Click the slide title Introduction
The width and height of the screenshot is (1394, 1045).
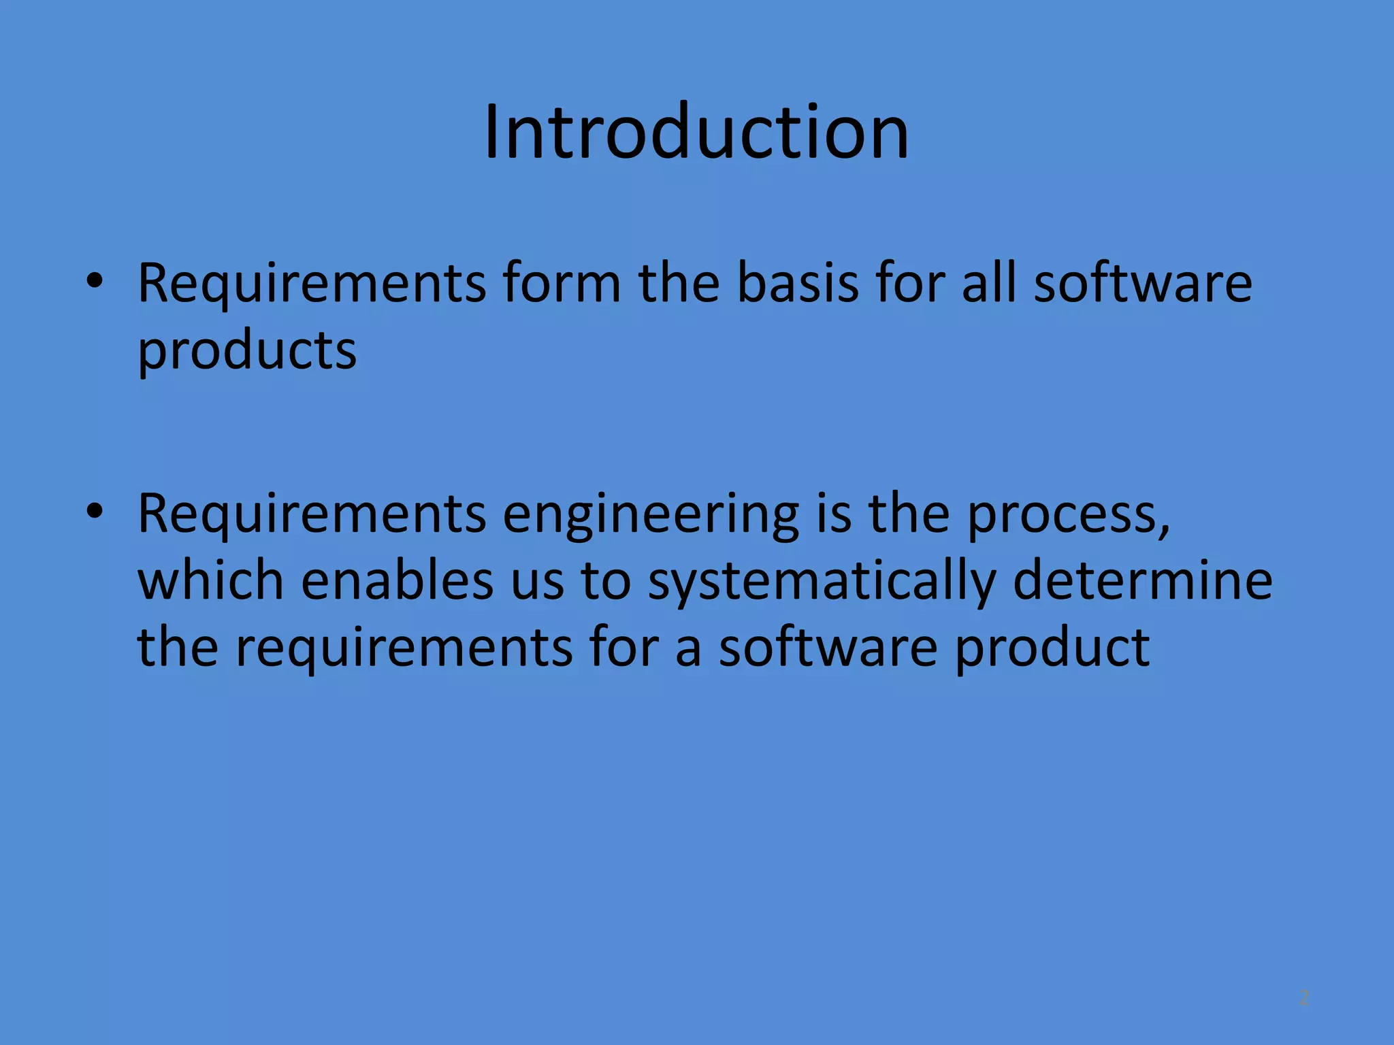[x=696, y=132]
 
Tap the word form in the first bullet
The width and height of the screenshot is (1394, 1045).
[x=561, y=283]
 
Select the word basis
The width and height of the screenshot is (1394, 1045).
[x=798, y=283]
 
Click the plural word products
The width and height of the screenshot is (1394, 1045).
[x=247, y=351]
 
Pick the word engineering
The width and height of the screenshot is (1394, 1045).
[x=651, y=514]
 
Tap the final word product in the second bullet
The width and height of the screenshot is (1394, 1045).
[x=1052, y=647]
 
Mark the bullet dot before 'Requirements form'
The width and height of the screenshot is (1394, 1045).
[x=95, y=282]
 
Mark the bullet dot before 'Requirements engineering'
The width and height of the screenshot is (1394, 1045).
[x=95, y=512]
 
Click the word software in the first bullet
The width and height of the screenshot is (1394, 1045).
[x=1143, y=283]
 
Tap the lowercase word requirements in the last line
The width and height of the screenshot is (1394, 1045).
[x=404, y=647]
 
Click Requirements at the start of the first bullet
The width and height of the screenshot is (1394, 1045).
[x=312, y=283]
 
